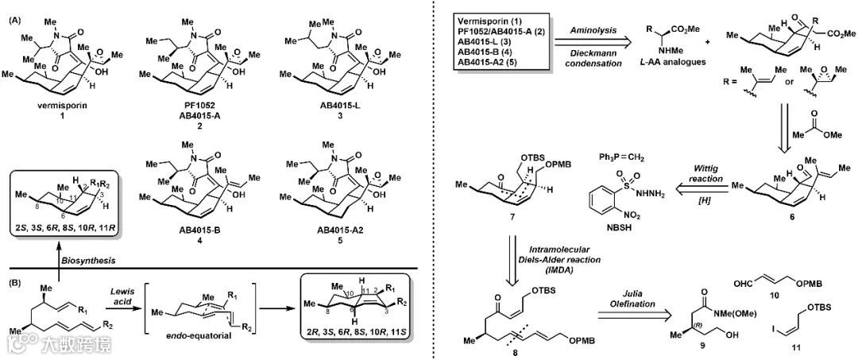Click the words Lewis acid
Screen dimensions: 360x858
click(168, 297)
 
